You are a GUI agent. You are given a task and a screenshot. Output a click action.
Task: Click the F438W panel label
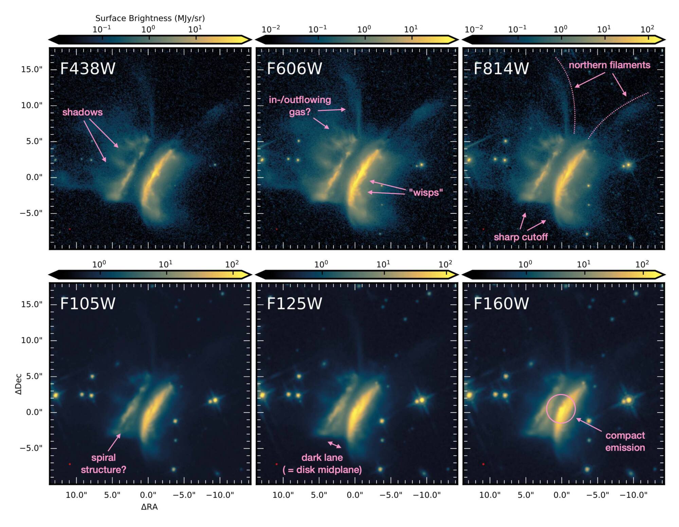(x=88, y=68)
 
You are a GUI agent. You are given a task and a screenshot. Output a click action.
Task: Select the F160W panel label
(x=501, y=303)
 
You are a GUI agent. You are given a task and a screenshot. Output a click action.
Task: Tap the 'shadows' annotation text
(x=82, y=112)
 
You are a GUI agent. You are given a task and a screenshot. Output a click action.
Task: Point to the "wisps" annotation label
(x=426, y=193)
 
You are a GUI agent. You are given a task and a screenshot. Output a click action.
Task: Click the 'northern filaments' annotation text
(x=609, y=65)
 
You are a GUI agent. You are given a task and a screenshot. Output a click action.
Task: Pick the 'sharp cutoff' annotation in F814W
(x=520, y=237)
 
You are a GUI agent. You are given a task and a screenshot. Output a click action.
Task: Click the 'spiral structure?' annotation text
(x=104, y=463)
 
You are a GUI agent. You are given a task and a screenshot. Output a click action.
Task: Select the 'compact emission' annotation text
(x=625, y=441)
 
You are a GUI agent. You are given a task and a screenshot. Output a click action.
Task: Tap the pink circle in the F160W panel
(x=561, y=409)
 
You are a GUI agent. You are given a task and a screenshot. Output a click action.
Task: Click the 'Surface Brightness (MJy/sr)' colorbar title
(x=150, y=18)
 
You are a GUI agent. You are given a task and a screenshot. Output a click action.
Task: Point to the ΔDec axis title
(x=19, y=384)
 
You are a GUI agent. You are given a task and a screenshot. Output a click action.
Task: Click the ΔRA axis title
(x=149, y=507)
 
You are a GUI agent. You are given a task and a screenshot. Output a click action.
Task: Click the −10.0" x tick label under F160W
(x=634, y=495)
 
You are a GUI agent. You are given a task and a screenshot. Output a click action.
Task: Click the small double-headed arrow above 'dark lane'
(x=334, y=445)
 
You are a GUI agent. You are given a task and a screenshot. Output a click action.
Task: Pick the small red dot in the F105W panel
(x=70, y=464)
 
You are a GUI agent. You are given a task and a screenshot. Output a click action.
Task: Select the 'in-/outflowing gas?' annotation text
(x=300, y=106)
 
